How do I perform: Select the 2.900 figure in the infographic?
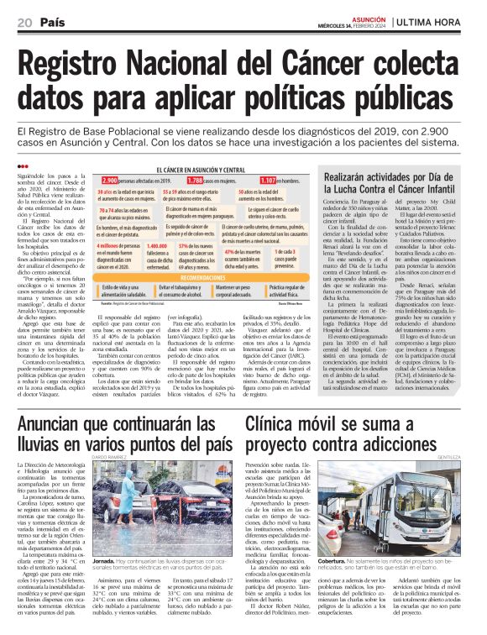(110, 181)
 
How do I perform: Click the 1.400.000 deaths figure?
(157, 245)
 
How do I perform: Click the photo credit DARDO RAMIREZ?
(109, 457)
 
